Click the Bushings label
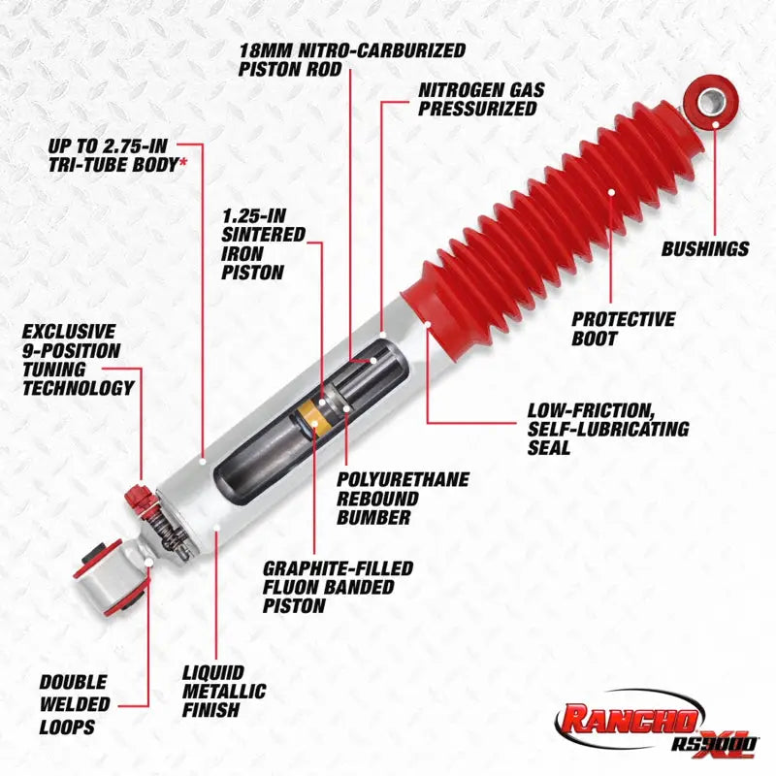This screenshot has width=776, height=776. (x=705, y=249)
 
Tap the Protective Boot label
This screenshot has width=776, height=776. (x=623, y=329)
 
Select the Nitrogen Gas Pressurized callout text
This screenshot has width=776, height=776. (x=481, y=99)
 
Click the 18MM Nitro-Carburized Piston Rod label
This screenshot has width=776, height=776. (x=351, y=58)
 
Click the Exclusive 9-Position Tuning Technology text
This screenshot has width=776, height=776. (x=78, y=360)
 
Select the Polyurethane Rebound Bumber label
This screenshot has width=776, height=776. (x=403, y=498)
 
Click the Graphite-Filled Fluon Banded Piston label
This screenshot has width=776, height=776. (x=338, y=586)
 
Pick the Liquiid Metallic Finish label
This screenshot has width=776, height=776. (x=224, y=690)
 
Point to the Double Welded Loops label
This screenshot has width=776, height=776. (x=75, y=704)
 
